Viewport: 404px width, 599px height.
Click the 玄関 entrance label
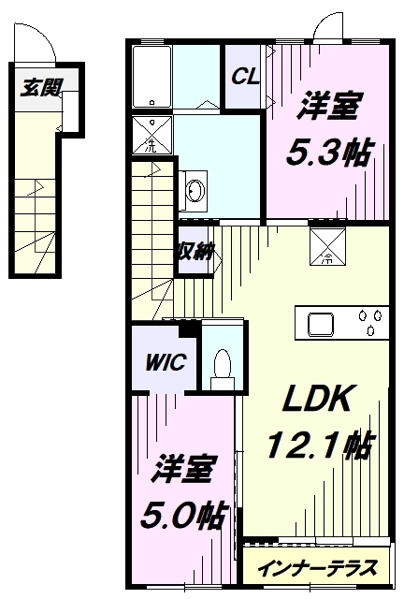tap(41, 87)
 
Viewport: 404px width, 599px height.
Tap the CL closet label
tap(246, 77)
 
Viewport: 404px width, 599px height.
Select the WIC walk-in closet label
tap(166, 362)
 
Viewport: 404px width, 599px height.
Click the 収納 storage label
tap(195, 251)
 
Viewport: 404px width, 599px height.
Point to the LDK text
tap(316, 398)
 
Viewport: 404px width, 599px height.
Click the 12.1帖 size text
tap(319, 445)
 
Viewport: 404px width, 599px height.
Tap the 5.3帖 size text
tap(328, 153)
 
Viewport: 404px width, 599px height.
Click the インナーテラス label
tap(317, 567)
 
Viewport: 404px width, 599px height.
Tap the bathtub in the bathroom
tap(151, 77)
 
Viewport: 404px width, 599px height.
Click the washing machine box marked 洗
tap(152, 135)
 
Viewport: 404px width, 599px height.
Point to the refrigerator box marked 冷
tap(328, 246)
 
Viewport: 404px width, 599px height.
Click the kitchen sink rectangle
tap(321, 325)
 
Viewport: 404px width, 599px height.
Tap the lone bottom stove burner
tap(369, 330)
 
